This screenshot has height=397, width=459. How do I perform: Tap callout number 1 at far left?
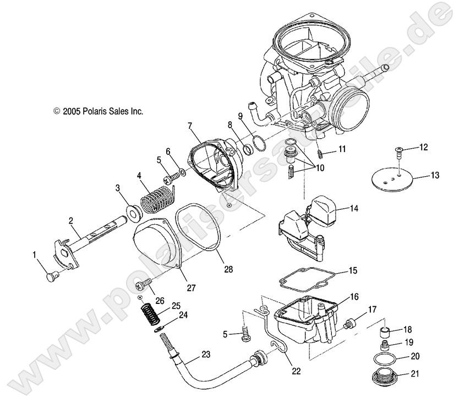pyautogui.click(x=35, y=254)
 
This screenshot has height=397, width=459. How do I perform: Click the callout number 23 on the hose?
pyautogui.click(x=206, y=355)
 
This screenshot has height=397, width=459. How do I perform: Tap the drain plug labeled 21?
pyautogui.click(x=386, y=380)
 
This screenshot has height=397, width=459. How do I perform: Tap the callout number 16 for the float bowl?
pyautogui.click(x=353, y=297)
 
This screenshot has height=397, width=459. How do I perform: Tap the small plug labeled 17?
pyautogui.click(x=347, y=327)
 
